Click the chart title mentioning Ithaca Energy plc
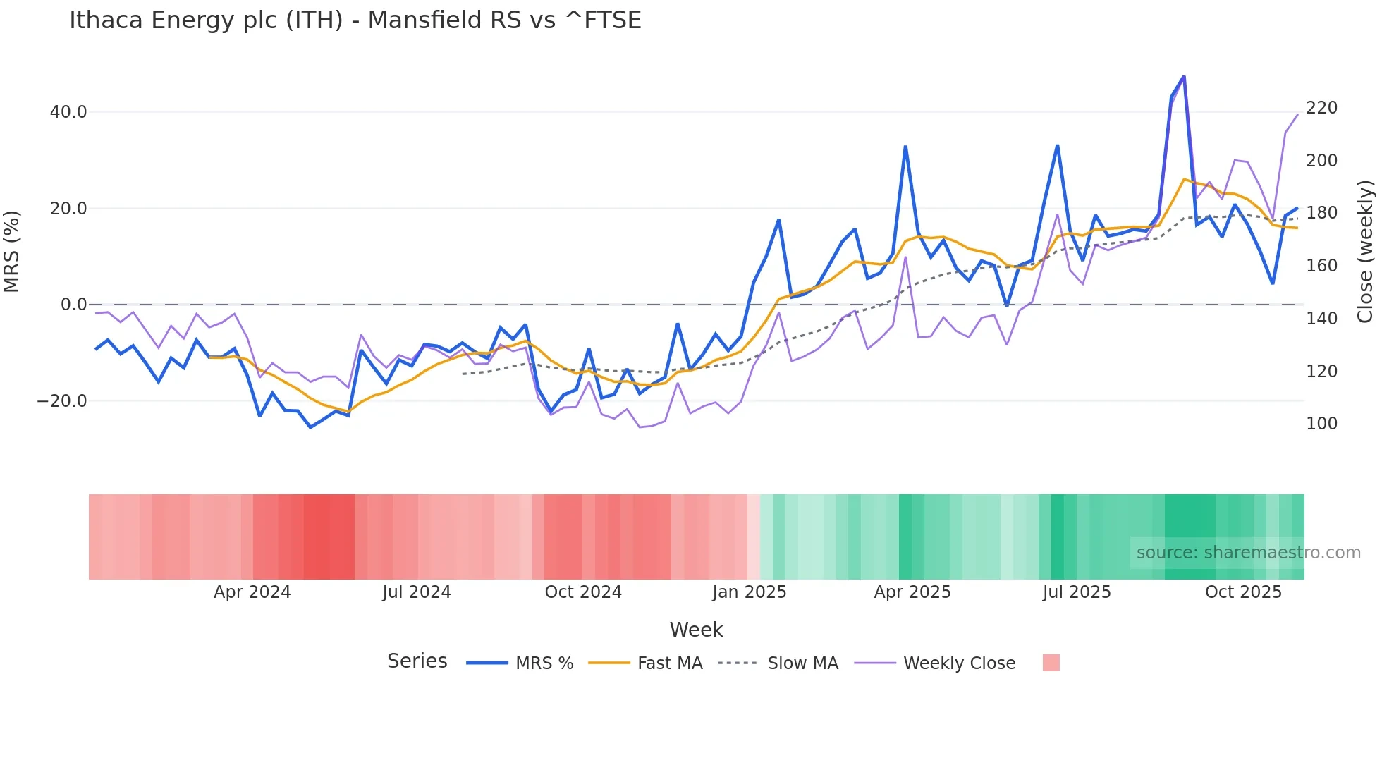[x=355, y=20]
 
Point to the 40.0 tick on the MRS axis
[x=68, y=112]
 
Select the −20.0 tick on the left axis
[x=62, y=401]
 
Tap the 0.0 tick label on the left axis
[x=73, y=305]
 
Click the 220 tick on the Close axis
[x=1321, y=108]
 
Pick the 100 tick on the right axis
[x=1321, y=424]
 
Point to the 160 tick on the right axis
[x=1321, y=266]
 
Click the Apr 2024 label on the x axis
[x=252, y=592]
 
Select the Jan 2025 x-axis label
[x=749, y=592]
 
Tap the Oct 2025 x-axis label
[x=1243, y=592]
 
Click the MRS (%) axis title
[x=12, y=252]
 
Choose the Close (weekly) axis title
[x=1366, y=252]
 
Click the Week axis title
[x=696, y=630]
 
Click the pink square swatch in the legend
[x=1051, y=663]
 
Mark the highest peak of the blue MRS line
[x=1183, y=76]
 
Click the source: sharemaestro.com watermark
[x=1248, y=553]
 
